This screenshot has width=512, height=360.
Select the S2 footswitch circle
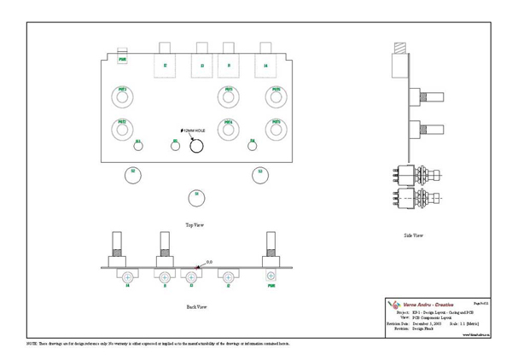coord(131,174)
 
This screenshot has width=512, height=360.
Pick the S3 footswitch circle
coord(260,174)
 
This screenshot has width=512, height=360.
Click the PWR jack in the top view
coord(123,59)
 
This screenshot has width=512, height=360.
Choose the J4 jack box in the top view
coord(265,64)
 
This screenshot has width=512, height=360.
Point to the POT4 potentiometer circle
coord(229,129)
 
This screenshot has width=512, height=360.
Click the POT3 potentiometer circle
coord(276,129)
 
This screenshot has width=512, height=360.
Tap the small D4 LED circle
coord(253,143)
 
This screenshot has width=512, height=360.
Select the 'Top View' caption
coord(195,225)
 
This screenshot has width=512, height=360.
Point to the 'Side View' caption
coord(413,235)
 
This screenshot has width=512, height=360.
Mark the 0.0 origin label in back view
coord(209,262)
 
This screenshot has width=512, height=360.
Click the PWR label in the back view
coord(271,287)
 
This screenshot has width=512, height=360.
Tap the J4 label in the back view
coord(128,287)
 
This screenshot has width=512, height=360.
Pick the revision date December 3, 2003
coord(428,324)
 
